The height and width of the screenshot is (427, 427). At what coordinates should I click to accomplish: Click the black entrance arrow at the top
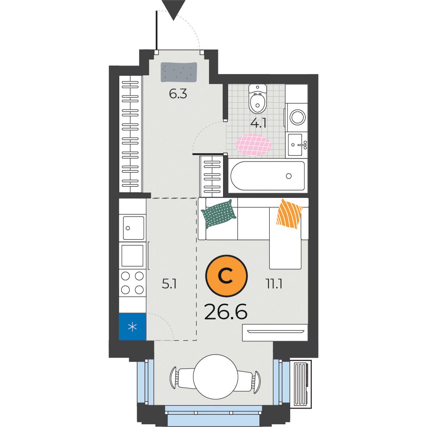click(x=173, y=8)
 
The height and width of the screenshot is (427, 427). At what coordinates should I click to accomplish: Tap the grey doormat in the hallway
click(x=179, y=72)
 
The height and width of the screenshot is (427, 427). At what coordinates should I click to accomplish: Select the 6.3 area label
click(x=178, y=94)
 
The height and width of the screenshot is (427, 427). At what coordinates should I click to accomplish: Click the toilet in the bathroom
click(x=257, y=99)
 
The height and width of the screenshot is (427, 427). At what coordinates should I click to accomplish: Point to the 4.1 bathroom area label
click(x=259, y=123)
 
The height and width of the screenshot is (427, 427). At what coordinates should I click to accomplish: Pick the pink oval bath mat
click(x=254, y=145)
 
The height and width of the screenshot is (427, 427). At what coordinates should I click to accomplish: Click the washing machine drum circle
click(x=298, y=117)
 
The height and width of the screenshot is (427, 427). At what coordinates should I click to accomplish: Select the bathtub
click(x=268, y=176)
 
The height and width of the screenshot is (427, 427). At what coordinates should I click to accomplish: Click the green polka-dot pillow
click(x=219, y=214)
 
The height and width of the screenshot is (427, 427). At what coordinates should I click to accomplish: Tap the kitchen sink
click(x=134, y=228)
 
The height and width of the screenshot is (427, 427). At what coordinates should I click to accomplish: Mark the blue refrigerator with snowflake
click(x=132, y=327)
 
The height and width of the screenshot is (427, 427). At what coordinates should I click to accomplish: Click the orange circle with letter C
click(x=226, y=276)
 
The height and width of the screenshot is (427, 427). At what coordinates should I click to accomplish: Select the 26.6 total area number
click(x=226, y=312)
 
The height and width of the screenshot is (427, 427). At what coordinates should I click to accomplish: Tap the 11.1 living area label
click(x=274, y=284)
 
